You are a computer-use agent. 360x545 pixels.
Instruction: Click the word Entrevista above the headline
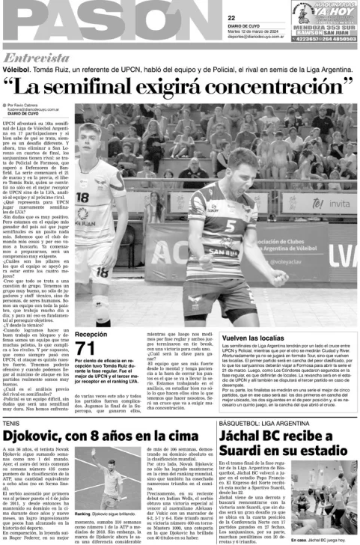click(x=37, y=58)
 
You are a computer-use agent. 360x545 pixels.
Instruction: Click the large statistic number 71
click(x=86, y=347)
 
